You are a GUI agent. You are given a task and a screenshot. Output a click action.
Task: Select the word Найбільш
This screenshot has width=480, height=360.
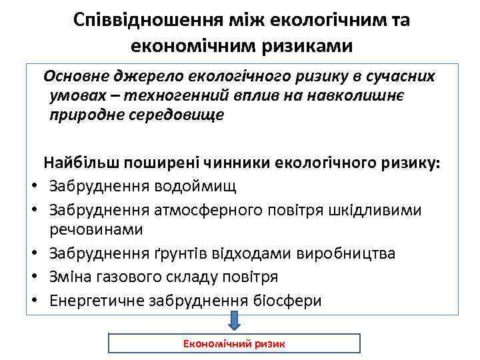[77, 163]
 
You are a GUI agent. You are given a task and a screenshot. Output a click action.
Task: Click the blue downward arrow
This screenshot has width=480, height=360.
[234, 321]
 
